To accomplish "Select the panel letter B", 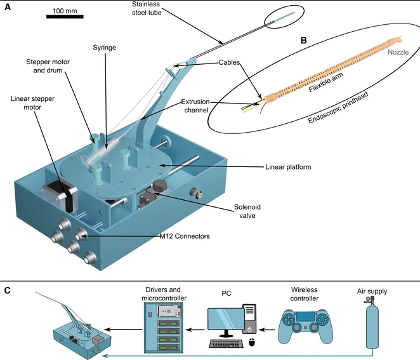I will (304, 40).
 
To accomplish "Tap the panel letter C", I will (7, 290).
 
